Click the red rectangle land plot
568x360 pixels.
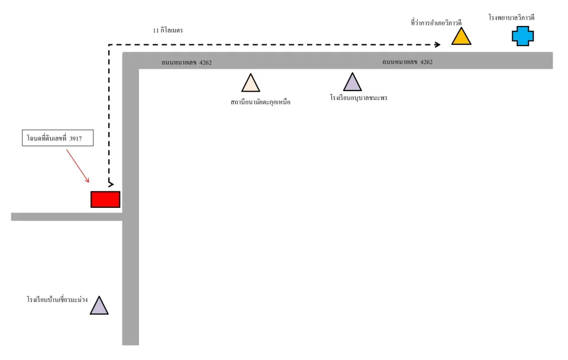[105, 200]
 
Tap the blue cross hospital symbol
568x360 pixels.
[522, 36]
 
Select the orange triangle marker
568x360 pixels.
[461, 37]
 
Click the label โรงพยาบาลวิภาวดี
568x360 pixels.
[511, 17]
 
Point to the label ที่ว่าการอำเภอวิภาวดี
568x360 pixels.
[436, 23]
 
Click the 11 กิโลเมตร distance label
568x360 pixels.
[167, 30]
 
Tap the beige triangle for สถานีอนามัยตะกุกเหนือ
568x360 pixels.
[251, 83]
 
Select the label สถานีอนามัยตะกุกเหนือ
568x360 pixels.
[260, 102]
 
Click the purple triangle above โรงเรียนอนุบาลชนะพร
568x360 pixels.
[353, 82]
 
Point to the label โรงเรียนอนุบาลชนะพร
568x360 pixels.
[359, 98]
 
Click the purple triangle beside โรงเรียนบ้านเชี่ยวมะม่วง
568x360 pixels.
[99, 306]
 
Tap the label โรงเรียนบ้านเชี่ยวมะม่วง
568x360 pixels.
[57, 300]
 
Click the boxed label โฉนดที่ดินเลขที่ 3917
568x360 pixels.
[57, 138]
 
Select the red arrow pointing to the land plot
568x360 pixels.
[78, 166]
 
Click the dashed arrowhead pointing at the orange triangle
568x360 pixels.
[438, 44]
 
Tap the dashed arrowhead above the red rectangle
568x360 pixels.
[111, 184]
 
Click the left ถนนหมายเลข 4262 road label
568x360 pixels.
[186, 62]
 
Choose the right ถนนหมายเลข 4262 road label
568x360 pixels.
[408, 62]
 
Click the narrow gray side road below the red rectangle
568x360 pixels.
[67, 217]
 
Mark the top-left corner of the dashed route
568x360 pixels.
[109, 44]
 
